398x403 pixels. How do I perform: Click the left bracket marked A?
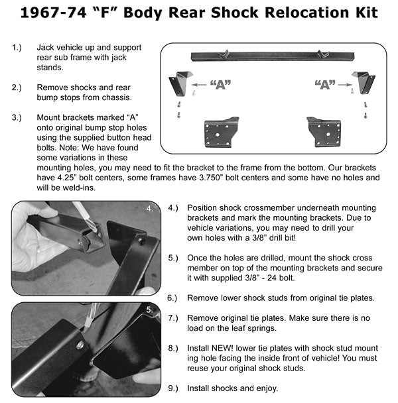pos(179,84)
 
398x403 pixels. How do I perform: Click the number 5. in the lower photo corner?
pos(151,310)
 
